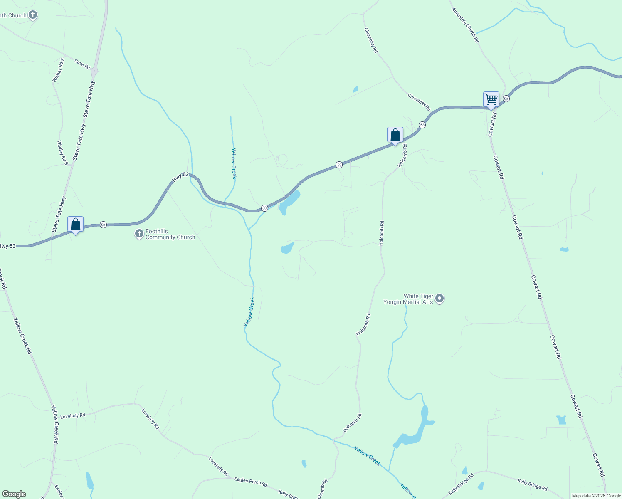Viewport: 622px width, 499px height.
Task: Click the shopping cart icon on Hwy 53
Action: [491, 100]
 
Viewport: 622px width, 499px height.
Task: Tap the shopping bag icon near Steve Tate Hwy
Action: [75, 225]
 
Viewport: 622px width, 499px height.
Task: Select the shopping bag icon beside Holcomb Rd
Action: [395, 135]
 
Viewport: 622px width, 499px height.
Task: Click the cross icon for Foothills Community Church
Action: [139, 234]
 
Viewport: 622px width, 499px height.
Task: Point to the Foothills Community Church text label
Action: [170, 235]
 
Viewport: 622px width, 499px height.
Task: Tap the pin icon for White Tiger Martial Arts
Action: [439, 299]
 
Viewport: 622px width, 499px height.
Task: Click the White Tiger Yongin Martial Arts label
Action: [408, 299]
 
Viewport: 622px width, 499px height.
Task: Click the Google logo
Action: [14, 494]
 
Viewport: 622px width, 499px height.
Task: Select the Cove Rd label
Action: [82, 64]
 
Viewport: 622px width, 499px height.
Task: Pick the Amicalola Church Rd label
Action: [466, 25]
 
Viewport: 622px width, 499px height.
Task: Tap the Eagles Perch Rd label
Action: [250, 481]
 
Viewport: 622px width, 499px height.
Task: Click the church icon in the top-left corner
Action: [32, 15]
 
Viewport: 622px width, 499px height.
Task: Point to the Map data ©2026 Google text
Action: [596, 496]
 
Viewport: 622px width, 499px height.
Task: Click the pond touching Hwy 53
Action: [289, 202]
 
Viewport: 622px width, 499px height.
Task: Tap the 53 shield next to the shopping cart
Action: [506, 99]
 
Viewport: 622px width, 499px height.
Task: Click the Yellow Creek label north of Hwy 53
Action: [234, 163]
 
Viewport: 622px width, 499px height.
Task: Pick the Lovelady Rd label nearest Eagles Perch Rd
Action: [218, 467]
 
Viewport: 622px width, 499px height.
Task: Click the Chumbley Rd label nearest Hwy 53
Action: [419, 102]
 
